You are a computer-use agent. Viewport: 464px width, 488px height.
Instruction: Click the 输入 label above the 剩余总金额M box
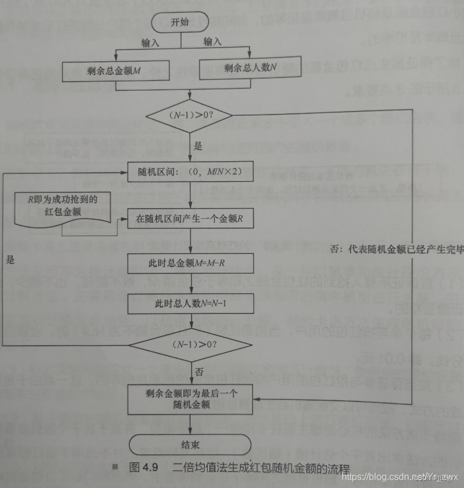tap(151, 43)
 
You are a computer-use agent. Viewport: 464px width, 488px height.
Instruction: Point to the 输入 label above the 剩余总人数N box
tap(212, 41)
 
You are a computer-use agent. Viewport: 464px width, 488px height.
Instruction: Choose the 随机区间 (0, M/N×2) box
tap(188, 173)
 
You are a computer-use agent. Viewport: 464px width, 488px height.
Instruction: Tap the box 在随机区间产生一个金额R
tap(189, 219)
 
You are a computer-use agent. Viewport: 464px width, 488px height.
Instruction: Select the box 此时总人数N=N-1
tap(189, 304)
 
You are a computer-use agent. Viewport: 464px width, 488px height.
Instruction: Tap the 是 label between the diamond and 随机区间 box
tap(198, 145)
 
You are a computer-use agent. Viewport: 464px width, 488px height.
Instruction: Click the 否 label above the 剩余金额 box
tap(198, 372)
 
